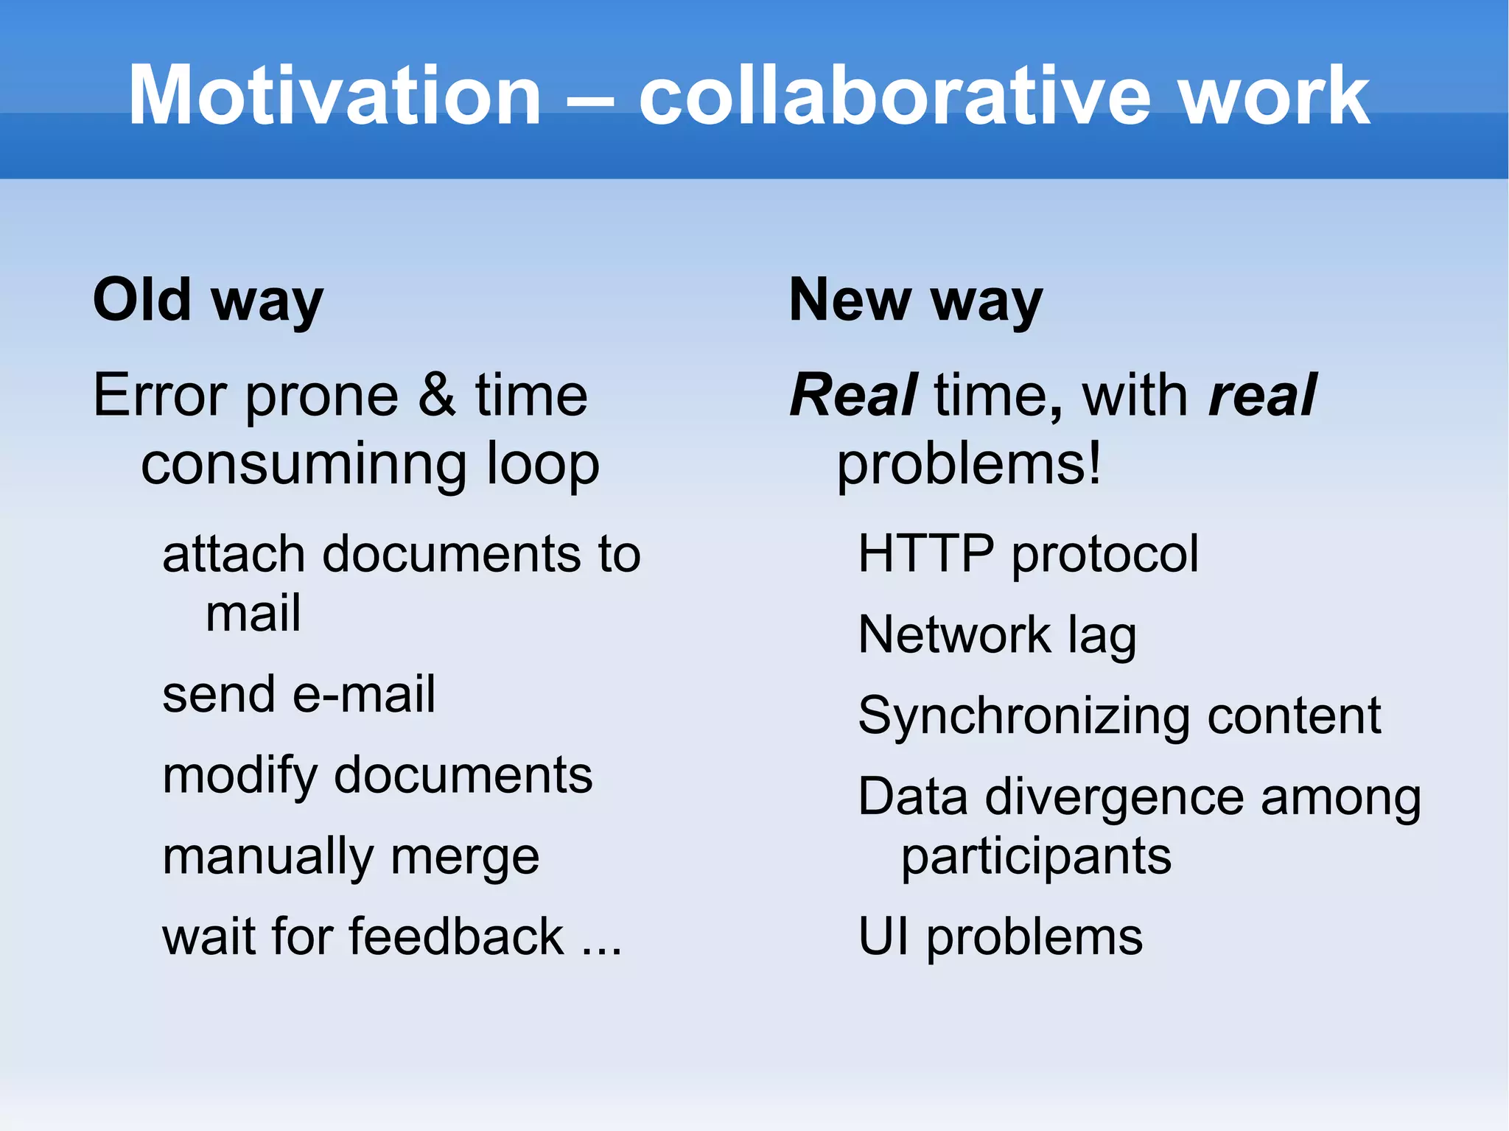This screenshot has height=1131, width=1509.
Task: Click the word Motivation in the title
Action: click(x=335, y=96)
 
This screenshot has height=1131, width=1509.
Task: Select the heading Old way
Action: click(x=208, y=301)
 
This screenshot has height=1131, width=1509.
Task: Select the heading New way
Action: click(x=915, y=301)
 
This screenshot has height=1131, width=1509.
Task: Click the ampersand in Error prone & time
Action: click(x=437, y=395)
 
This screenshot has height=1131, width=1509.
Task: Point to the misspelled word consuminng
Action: click(x=304, y=466)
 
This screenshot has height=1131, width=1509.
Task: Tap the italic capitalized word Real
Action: click(x=853, y=395)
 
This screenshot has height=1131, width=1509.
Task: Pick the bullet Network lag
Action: click(x=997, y=635)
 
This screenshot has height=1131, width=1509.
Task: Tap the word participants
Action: click(x=1036, y=858)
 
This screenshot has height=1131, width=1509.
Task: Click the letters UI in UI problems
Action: click(x=883, y=937)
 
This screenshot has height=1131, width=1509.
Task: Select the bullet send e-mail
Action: click(x=298, y=695)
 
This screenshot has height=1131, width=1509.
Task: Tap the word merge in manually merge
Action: click(x=465, y=858)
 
